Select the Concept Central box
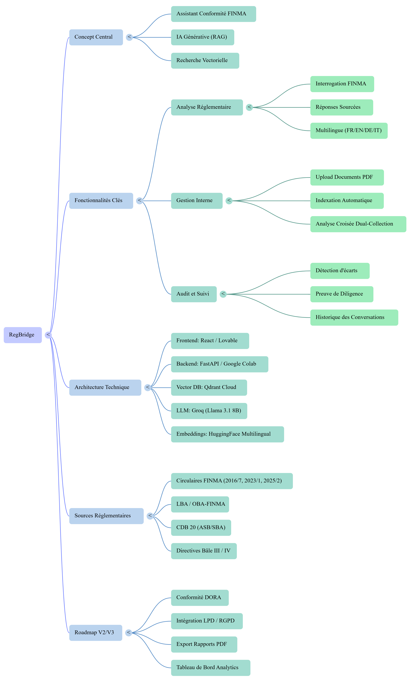(96, 37)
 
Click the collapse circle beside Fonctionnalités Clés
(139, 201)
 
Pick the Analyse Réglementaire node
(207, 107)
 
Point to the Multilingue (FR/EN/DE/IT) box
(349, 131)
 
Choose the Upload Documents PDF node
(347, 177)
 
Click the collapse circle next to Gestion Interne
(229, 201)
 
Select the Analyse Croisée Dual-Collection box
(358, 224)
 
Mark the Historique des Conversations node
(354, 317)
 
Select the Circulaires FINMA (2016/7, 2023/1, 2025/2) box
(232, 481)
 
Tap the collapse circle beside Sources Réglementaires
(150, 516)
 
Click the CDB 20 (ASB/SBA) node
(201, 528)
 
